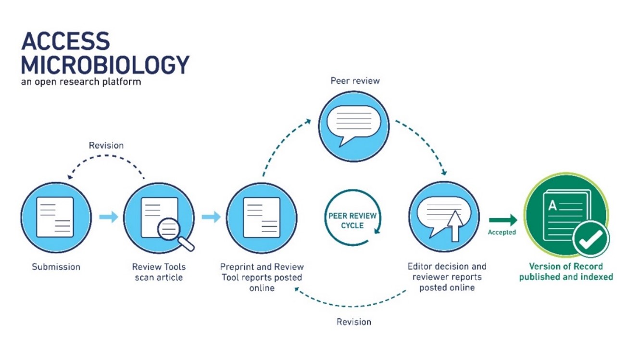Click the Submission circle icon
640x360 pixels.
[56, 217]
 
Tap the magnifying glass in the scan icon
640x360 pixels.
[170, 230]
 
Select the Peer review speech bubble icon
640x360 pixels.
[354, 125]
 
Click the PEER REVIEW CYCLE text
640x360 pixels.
[352, 221]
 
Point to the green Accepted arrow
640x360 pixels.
[503, 221]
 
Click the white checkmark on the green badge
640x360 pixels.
[590, 239]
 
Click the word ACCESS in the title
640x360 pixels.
[65, 42]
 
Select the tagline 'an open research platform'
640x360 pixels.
[81, 81]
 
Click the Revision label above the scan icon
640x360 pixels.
[106, 145]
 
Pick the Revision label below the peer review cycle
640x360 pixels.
[354, 322]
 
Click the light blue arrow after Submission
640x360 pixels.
[109, 217]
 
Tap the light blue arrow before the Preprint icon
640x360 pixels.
[211, 217]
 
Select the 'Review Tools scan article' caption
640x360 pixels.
[159, 272]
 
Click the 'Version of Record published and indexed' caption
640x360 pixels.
[566, 272]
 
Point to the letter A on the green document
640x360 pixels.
[552, 206]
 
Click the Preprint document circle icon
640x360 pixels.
[262, 217]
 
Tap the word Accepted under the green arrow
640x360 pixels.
[502, 233]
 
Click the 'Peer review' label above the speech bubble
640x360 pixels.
[355, 81]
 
